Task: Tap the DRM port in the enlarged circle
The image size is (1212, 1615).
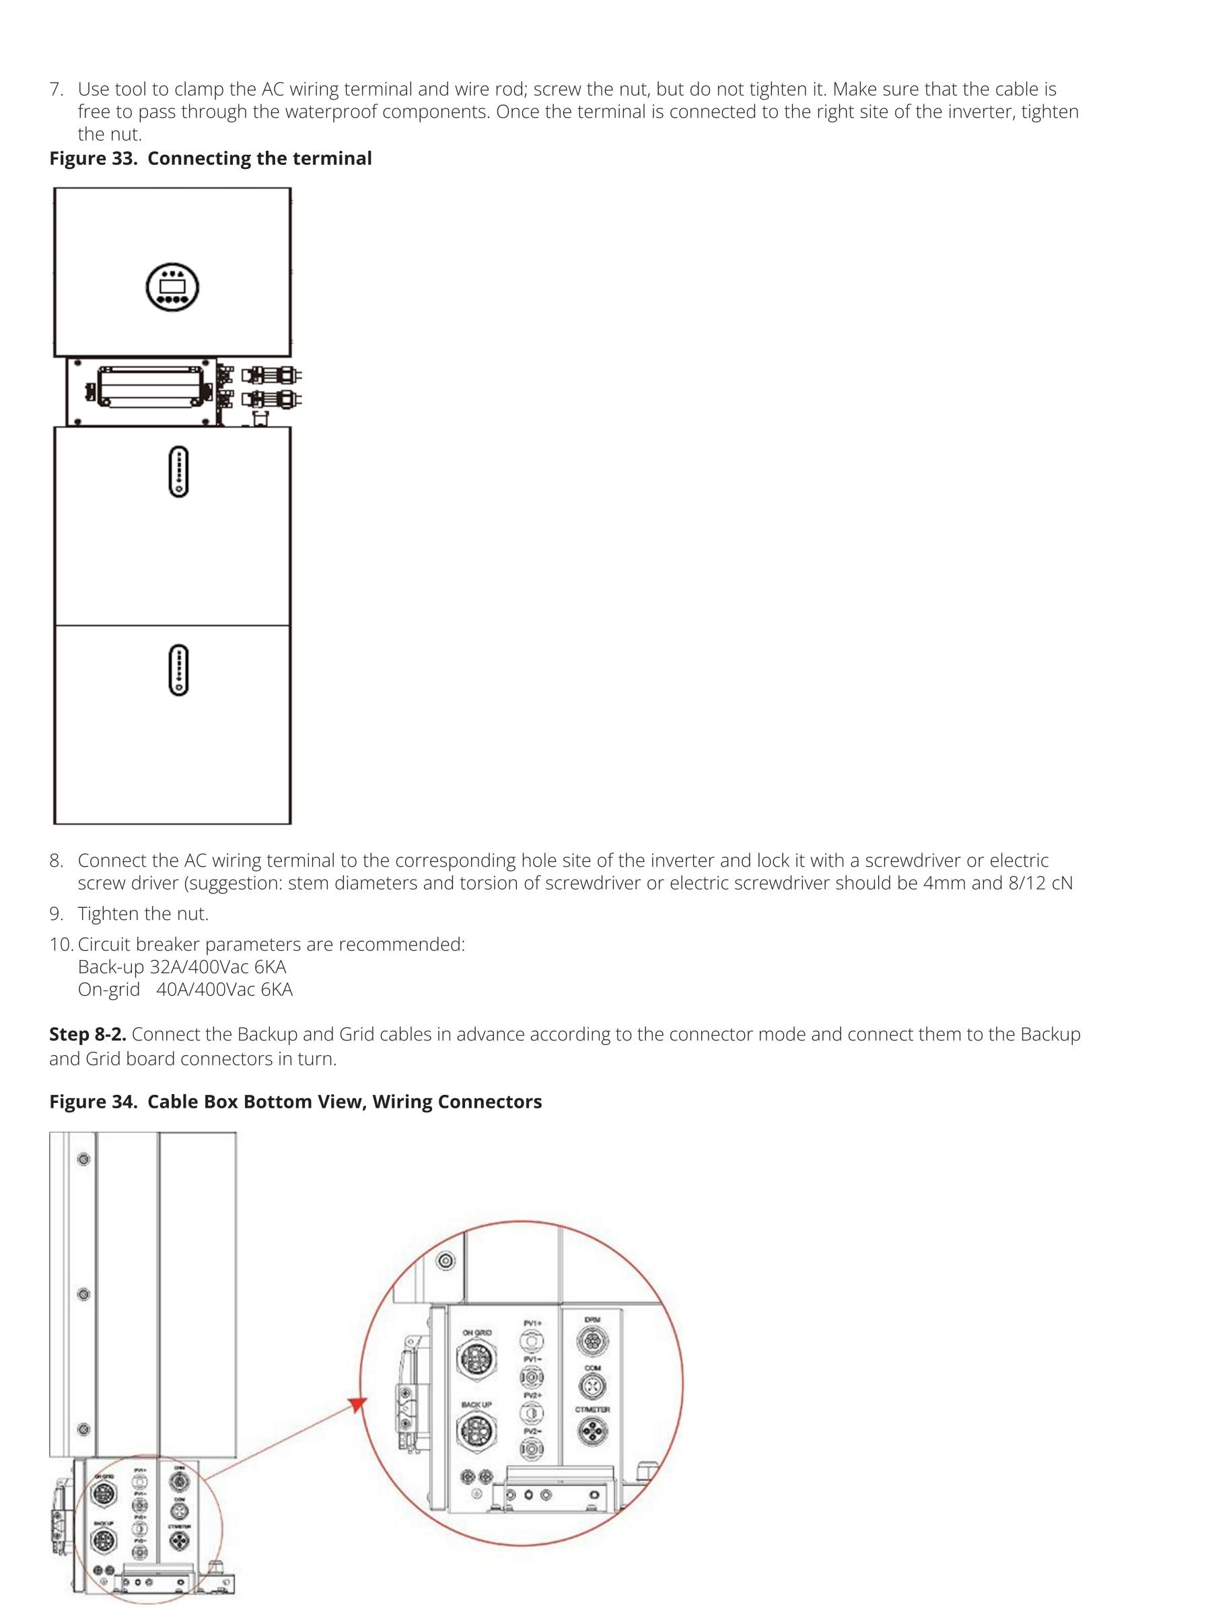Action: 592,1340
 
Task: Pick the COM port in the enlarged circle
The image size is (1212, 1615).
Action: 592,1385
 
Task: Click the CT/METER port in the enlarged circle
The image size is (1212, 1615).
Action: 592,1431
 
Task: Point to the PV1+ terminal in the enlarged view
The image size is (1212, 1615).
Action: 532,1340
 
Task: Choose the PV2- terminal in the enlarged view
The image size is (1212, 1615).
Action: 532,1449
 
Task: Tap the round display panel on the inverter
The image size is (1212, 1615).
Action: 172,286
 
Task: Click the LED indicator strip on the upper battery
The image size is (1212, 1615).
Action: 178,472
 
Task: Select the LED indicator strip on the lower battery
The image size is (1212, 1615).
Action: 178,670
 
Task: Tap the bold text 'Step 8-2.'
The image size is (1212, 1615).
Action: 87,1034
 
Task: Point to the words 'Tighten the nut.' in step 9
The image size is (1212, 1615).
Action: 143,914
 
